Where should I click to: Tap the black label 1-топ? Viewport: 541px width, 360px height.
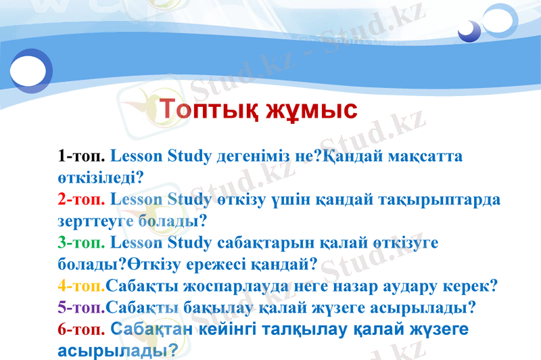click(x=81, y=156)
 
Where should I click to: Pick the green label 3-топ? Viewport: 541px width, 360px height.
click(x=81, y=242)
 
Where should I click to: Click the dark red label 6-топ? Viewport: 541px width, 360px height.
click(x=81, y=330)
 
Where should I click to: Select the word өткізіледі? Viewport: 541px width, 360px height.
click(x=100, y=178)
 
